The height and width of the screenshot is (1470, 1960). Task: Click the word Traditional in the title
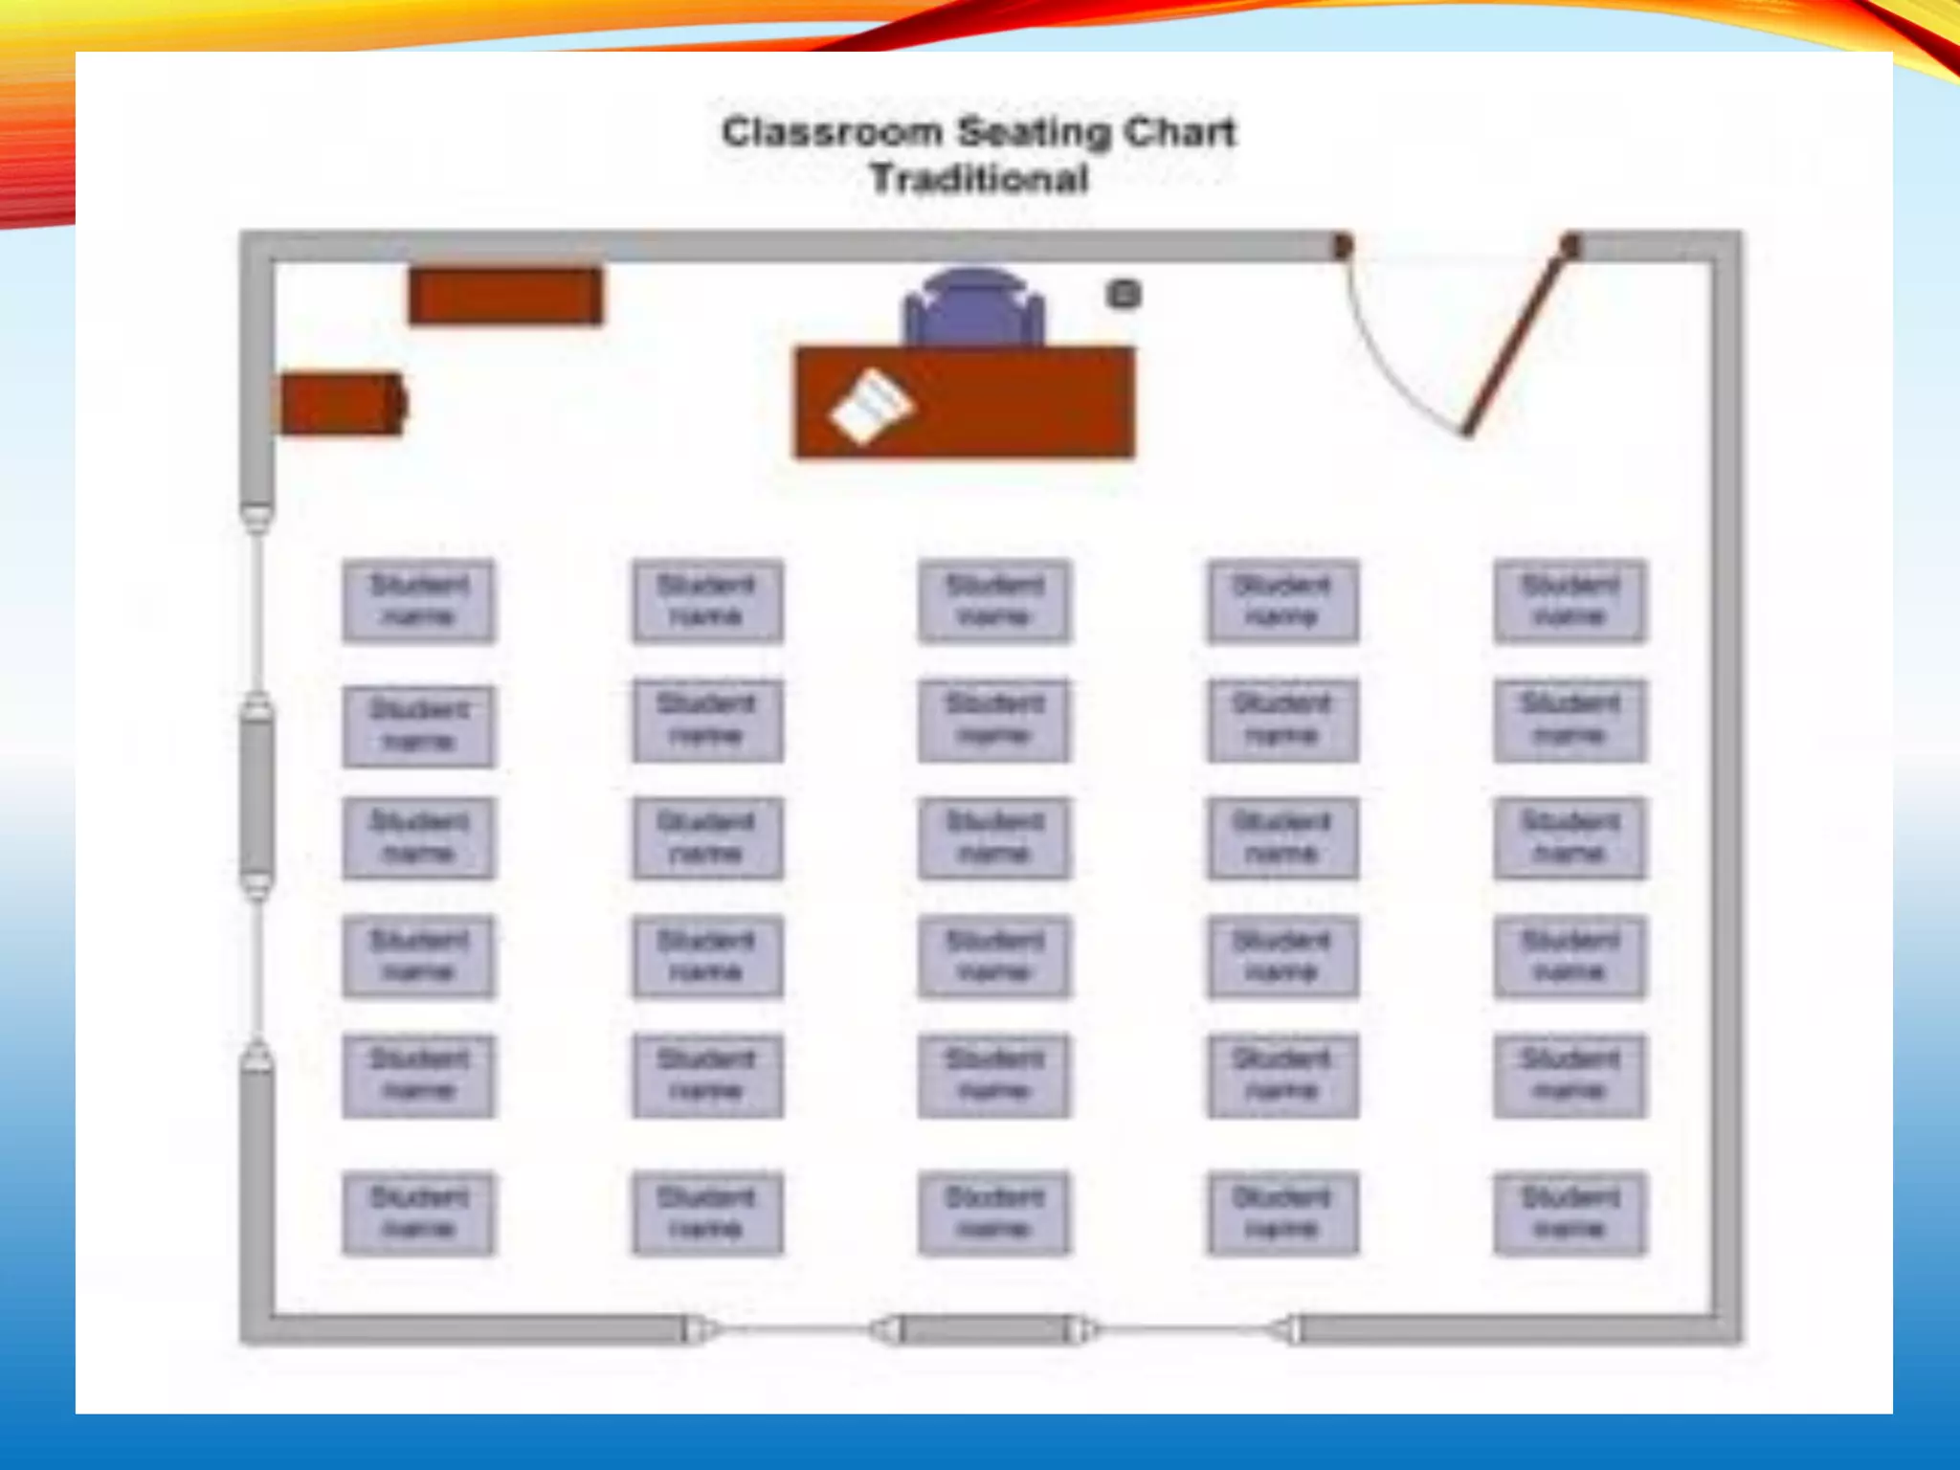pyautogui.click(x=979, y=179)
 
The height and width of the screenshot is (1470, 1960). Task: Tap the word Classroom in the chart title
pyautogui.click(x=831, y=132)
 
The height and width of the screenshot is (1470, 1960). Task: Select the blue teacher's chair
pyautogui.click(x=973, y=306)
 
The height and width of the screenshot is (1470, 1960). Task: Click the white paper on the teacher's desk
pyautogui.click(x=871, y=407)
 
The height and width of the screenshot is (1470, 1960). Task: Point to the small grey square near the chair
pyautogui.click(x=1124, y=294)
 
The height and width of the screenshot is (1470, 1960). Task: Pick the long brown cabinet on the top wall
pyautogui.click(x=505, y=296)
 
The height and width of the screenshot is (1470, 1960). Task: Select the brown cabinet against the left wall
pyautogui.click(x=341, y=403)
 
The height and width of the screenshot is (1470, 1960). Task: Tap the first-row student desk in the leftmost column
pyautogui.click(x=418, y=600)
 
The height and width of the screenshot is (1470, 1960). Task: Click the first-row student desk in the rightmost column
pyautogui.click(x=1570, y=600)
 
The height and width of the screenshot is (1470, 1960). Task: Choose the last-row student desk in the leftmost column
pyautogui.click(x=418, y=1213)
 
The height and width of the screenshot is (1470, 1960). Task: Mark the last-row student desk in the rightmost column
pyautogui.click(x=1570, y=1213)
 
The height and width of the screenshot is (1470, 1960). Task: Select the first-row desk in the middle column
pyautogui.click(x=994, y=600)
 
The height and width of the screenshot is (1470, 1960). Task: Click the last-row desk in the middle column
pyautogui.click(x=994, y=1213)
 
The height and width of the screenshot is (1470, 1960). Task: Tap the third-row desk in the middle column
pyautogui.click(x=994, y=837)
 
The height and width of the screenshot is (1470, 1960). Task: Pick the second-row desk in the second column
pyautogui.click(x=707, y=720)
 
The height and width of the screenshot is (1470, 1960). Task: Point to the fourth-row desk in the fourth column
pyautogui.click(x=1282, y=956)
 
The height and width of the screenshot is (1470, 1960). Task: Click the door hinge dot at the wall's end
pyautogui.click(x=1570, y=245)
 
